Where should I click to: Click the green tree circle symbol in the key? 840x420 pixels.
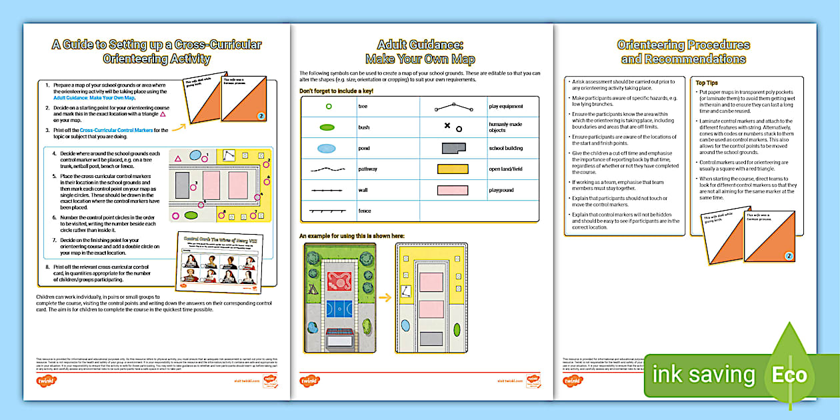327,106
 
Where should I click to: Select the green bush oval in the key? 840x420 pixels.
327,127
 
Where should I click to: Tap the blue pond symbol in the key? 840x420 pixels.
327,148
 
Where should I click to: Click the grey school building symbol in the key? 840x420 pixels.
453,148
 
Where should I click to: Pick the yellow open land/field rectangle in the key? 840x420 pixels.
453,169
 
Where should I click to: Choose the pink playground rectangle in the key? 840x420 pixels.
453,190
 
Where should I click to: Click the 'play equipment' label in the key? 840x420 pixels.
505,106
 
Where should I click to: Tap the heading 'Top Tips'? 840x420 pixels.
707,83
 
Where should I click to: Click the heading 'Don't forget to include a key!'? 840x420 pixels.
336,90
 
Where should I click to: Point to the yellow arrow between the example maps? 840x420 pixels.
385,298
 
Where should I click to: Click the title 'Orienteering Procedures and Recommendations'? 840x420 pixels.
683,52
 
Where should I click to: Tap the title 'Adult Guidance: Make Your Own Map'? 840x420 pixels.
419,52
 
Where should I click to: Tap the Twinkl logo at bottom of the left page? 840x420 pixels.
46,381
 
